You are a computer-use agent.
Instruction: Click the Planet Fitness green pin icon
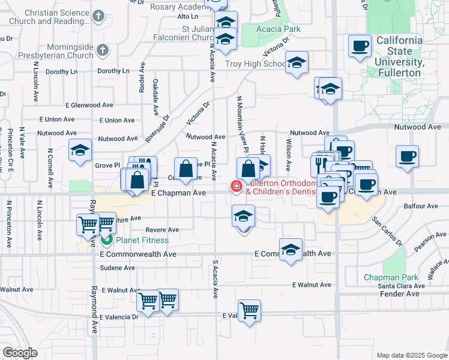pyautogui.click(x=107, y=241)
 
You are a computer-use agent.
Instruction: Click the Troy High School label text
pyautogui.click(x=255, y=64)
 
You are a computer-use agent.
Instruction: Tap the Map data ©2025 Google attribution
pyautogui.click(x=411, y=355)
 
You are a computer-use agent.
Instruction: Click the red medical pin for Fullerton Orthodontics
pyautogui.click(x=236, y=187)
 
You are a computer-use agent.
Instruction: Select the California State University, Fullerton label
pyautogui.click(x=400, y=56)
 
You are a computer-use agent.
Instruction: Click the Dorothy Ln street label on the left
pyautogui.click(x=62, y=71)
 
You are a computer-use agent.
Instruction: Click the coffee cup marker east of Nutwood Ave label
pyautogui.click(x=408, y=157)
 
